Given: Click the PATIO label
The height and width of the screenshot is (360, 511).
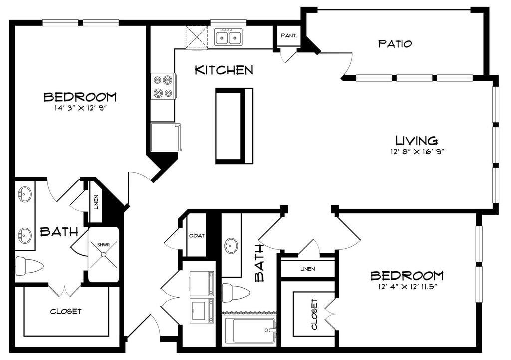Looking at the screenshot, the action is (x=395, y=43).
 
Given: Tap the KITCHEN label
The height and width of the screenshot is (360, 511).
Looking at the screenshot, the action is (x=224, y=70).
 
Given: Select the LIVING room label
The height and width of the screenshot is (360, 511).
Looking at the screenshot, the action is (x=417, y=140).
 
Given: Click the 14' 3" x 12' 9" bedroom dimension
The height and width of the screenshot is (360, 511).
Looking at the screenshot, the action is (x=80, y=108).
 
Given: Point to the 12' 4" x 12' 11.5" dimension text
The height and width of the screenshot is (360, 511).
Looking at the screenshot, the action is (x=407, y=287).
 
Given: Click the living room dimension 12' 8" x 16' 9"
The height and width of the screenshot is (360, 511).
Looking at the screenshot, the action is (x=418, y=151).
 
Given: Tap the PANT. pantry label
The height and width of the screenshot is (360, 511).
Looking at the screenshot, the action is (x=289, y=36).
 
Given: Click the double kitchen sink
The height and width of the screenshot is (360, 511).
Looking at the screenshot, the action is (x=228, y=37).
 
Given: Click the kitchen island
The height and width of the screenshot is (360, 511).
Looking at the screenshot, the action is (x=234, y=126).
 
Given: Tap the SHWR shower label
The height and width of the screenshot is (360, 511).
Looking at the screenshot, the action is (x=104, y=244).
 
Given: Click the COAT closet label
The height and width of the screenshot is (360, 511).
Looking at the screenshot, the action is (x=197, y=236).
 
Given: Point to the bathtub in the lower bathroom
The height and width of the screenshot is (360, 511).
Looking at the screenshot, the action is (x=250, y=331).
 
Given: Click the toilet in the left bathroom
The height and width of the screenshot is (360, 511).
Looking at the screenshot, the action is (x=29, y=265).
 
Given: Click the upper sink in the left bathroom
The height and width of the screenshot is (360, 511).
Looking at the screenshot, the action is (x=25, y=195).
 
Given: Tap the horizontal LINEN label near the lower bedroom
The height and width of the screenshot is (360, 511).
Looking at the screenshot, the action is (x=307, y=269).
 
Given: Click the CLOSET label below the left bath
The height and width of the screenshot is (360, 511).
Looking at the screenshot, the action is (x=66, y=311).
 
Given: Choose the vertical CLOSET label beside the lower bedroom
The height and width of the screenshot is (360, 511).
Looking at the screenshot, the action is (x=314, y=314).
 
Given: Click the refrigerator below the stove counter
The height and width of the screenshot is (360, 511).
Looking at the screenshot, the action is (x=166, y=137).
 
